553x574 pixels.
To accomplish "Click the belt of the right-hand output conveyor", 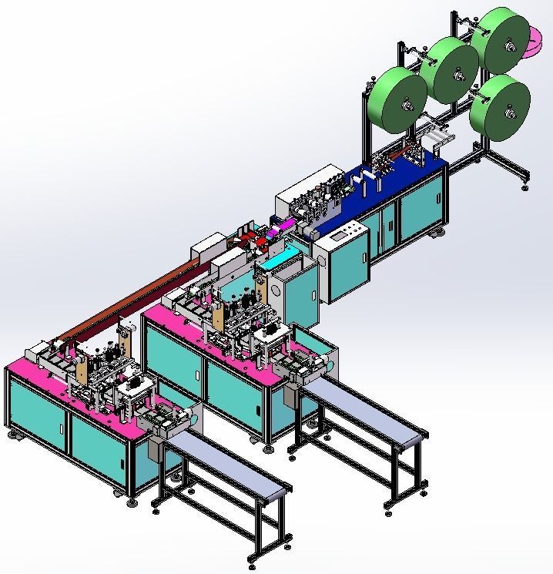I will click(362, 408).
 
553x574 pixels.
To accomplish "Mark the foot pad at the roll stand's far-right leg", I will click(525, 187).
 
